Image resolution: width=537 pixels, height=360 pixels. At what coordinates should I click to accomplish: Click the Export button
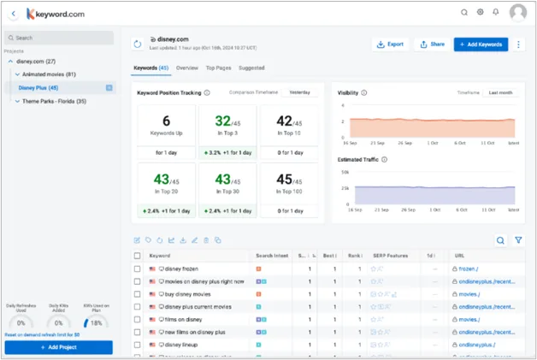point(390,44)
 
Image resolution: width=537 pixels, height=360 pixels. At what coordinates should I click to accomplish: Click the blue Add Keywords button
point(481,44)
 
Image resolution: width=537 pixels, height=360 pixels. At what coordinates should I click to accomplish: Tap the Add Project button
point(58,347)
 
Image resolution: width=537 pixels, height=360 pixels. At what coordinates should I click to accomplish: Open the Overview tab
point(187,68)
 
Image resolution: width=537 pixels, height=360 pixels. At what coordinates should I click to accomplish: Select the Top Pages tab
point(219,68)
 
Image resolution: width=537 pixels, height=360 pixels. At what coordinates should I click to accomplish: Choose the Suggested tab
point(252,68)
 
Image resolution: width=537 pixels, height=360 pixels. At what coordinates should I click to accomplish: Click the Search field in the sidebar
point(58,38)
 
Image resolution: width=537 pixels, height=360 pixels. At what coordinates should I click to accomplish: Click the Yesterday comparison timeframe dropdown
point(299,92)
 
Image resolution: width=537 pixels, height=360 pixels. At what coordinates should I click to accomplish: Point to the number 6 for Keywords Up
point(166,121)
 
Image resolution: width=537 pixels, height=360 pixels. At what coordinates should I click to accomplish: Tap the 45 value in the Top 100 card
point(285,179)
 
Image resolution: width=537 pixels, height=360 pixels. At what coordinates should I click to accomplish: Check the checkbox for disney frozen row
point(138,269)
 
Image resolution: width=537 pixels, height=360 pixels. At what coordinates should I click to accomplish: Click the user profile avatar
point(517,13)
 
